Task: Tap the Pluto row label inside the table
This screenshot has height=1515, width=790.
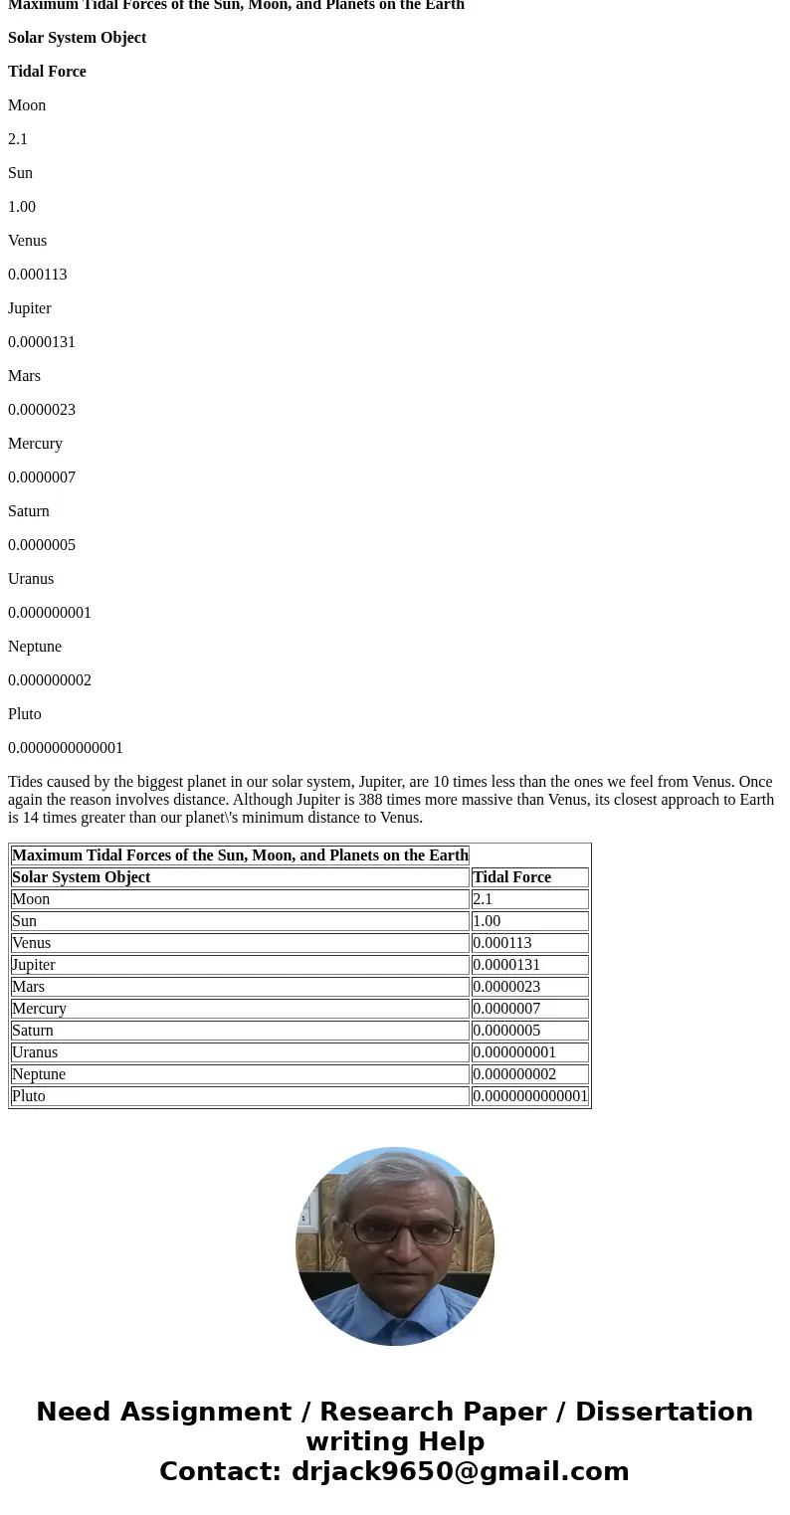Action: (29, 1096)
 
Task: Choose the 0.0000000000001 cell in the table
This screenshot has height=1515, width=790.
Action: (530, 1096)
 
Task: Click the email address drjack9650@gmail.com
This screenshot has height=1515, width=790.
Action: (460, 1472)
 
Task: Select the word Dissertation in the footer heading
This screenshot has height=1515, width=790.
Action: (664, 1413)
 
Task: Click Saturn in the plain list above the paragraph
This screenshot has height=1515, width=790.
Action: (29, 511)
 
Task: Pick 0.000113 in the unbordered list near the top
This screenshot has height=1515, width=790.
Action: (38, 275)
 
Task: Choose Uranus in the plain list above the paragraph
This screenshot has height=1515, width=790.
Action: (31, 579)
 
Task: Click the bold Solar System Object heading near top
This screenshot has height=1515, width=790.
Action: (77, 38)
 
